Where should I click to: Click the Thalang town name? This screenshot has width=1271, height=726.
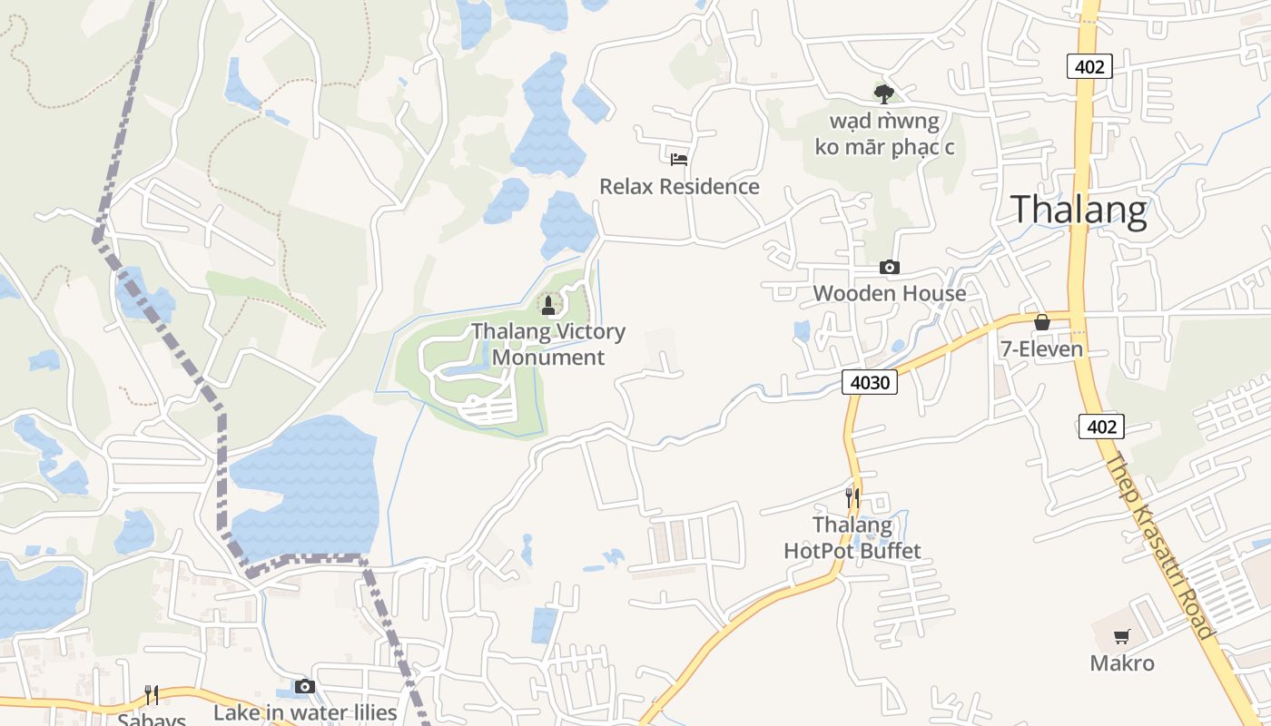(1079, 210)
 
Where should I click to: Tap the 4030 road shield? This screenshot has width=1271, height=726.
(869, 382)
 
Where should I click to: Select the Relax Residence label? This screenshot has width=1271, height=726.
(679, 187)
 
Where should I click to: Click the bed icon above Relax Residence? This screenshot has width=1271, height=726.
(679, 160)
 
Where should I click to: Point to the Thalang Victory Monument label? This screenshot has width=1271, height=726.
(548, 344)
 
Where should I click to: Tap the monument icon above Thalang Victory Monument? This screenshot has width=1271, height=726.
(547, 305)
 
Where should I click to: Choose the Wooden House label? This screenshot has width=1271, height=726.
(890, 293)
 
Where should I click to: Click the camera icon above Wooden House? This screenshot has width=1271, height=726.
(890, 267)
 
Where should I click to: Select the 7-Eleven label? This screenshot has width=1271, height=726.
(1041, 349)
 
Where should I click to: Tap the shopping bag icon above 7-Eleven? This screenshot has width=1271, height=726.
(1042, 322)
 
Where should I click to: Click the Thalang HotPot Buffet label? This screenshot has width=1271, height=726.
(852, 538)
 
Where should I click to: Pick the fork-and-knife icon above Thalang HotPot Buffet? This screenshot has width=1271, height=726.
(852, 497)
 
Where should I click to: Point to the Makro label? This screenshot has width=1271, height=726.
(1122, 663)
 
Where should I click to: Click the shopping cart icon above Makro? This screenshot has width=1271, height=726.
(1122, 636)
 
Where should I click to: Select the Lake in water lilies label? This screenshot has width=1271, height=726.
(305, 712)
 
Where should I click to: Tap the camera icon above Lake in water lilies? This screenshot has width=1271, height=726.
(305, 686)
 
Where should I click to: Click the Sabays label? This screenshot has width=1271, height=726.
(152, 719)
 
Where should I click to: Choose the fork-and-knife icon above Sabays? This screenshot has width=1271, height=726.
(152, 695)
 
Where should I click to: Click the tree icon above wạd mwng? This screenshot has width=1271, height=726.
(883, 93)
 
